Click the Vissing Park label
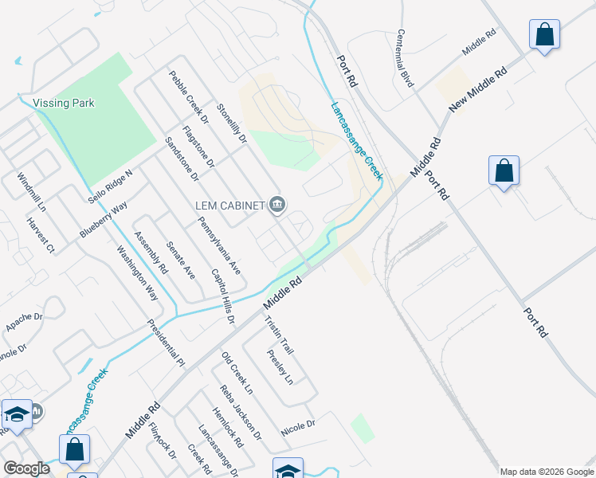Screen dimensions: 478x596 click(64, 103)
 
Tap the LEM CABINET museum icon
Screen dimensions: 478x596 click(276, 206)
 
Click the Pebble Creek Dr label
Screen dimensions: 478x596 click(188, 97)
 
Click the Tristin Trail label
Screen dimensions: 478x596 click(279, 335)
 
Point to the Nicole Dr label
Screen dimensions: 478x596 click(298, 429)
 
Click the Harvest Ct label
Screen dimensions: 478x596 click(39, 235)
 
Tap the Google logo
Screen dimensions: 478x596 click(26, 468)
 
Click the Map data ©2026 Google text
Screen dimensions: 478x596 click(546, 472)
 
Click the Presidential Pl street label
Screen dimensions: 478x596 click(166, 343)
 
